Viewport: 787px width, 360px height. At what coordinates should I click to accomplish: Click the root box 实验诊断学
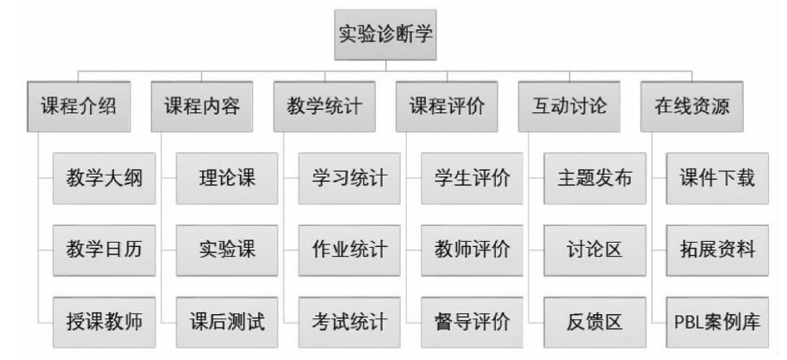tap(385, 35)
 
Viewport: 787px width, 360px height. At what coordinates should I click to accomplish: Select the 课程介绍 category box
tap(79, 106)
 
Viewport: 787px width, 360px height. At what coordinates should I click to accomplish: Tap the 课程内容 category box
tap(202, 106)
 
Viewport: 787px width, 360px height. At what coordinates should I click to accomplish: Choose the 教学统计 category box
tap(324, 106)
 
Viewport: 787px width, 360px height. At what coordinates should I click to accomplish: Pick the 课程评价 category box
tap(447, 106)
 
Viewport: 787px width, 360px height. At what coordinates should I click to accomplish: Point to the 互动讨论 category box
tap(569, 106)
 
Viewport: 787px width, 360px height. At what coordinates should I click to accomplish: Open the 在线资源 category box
tap(692, 106)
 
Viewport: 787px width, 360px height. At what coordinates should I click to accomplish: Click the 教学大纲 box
tap(104, 179)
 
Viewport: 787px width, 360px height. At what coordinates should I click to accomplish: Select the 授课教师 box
tap(104, 323)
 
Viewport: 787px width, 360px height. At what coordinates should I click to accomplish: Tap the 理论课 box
tap(227, 179)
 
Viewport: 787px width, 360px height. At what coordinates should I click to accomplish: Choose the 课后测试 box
tap(227, 323)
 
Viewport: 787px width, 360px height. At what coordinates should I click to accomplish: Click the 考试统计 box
tap(349, 323)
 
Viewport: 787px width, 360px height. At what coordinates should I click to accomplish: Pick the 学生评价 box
tap(472, 179)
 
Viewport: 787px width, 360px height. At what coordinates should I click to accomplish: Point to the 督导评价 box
tap(472, 323)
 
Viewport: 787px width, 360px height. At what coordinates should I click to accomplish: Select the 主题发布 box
tap(595, 179)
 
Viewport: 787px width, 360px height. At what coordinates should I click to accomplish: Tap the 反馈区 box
tap(595, 323)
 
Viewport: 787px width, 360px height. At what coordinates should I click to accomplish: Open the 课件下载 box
tap(717, 179)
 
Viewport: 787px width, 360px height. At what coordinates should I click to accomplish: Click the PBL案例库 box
tap(717, 323)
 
